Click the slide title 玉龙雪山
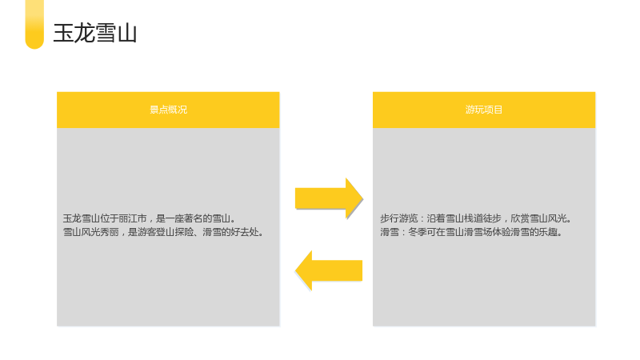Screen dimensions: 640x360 94,33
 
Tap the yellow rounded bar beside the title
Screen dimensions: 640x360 34,25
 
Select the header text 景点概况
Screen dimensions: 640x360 168,110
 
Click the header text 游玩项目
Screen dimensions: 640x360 484,110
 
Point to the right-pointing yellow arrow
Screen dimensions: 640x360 329,198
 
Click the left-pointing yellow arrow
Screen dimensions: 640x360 329,270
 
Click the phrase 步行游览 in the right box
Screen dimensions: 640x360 398,218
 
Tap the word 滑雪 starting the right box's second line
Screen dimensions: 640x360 390,232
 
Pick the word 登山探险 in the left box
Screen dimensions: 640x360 174,232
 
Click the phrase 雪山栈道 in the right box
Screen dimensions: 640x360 464,218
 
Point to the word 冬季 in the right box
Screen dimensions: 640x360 417,232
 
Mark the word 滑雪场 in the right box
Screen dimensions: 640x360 478,232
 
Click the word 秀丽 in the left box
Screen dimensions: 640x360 110,232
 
